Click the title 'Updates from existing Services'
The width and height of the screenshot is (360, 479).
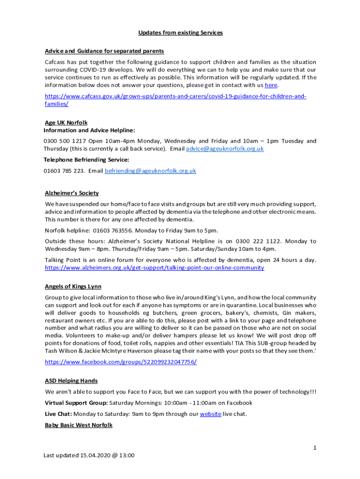(x=180, y=33)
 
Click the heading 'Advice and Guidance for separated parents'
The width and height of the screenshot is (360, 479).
(x=104, y=51)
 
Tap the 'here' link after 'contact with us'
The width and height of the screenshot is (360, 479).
(x=271, y=85)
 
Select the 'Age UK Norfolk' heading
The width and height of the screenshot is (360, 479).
(x=66, y=123)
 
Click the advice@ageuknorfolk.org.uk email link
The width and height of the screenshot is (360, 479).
(x=225, y=149)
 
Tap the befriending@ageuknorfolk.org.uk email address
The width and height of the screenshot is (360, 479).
(x=150, y=171)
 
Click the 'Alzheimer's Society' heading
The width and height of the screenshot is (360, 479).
(x=72, y=193)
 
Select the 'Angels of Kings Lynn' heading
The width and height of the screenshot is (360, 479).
(x=73, y=287)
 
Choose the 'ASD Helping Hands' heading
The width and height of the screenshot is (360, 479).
(x=71, y=381)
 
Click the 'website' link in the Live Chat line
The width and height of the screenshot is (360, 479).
(x=210, y=414)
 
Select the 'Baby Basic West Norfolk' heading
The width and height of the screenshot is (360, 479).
(x=79, y=425)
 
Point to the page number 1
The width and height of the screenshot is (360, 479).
(x=315, y=448)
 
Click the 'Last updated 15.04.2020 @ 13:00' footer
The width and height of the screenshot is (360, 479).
(x=89, y=455)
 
